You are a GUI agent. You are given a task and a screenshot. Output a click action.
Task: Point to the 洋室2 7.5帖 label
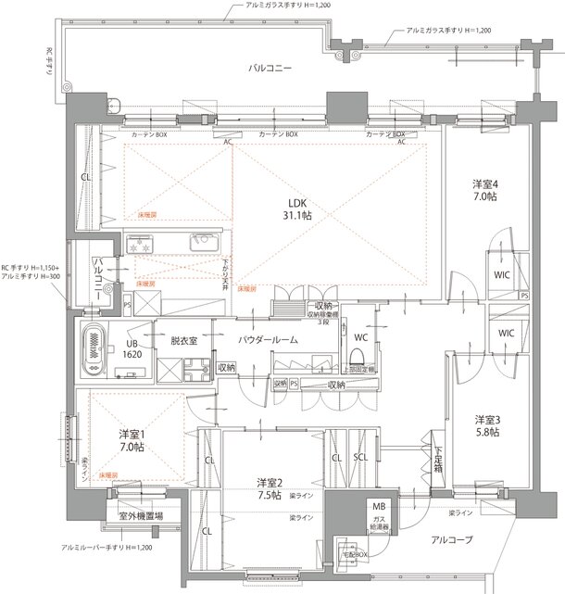click(272, 487)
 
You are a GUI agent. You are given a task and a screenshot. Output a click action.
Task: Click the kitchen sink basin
click(202, 244)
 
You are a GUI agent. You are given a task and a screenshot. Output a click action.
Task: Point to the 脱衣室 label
click(184, 341)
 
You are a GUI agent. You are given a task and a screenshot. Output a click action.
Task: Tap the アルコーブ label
click(450, 539)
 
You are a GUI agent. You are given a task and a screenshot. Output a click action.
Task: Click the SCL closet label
click(361, 458)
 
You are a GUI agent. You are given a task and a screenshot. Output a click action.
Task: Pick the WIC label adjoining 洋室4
click(501, 275)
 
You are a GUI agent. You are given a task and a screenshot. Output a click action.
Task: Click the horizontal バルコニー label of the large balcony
click(270, 69)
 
